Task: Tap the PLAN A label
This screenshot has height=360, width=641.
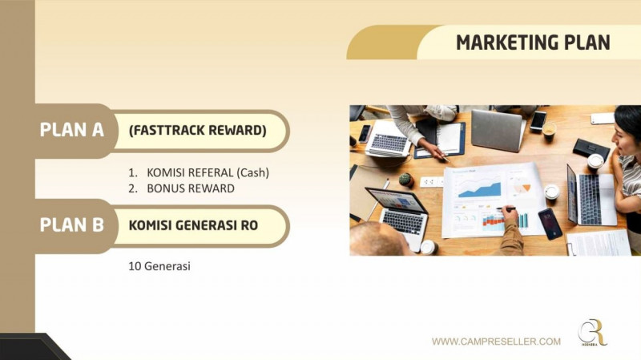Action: point(71,130)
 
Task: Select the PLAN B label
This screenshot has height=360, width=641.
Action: point(71,224)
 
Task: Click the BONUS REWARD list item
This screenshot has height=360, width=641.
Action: point(191,188)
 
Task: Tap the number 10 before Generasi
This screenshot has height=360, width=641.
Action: point(135,266)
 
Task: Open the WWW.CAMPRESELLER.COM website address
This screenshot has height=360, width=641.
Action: point(496,342)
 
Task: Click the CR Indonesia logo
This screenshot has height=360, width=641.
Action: point(592,332)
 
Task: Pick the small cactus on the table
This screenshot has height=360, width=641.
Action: point(405,180)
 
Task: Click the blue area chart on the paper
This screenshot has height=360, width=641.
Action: point(479,189)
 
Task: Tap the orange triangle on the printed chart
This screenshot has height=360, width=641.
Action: point(526,188)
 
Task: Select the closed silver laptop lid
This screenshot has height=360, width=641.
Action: point(497,131)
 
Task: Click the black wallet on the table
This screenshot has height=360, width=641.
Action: point(591,149)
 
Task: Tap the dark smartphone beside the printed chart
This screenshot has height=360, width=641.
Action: point(550,224)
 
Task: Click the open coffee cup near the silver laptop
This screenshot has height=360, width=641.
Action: point(549,130)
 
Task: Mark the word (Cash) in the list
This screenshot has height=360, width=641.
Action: point(253,172)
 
